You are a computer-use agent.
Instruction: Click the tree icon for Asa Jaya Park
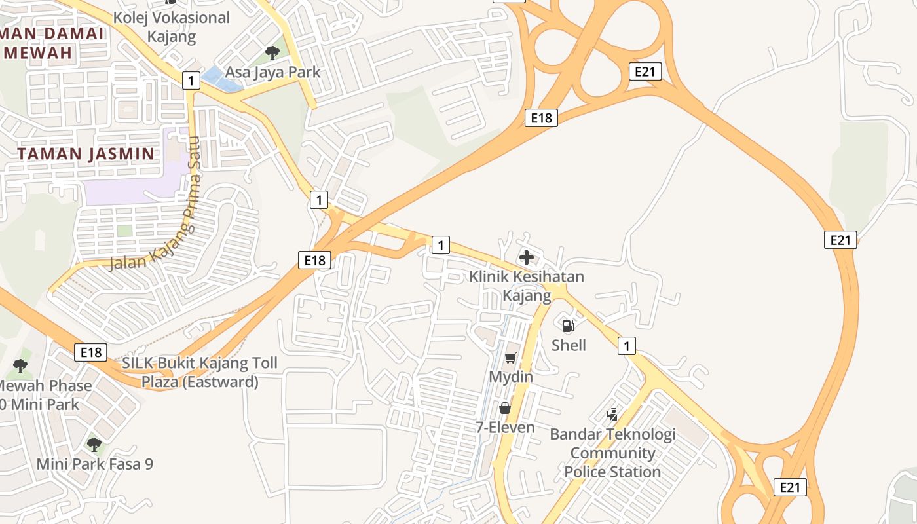pos(272,52)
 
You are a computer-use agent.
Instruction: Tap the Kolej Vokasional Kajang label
pos(172,27)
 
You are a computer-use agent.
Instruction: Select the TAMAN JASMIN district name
pos(86,154)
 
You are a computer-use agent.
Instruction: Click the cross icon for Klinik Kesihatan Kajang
pos(526,257)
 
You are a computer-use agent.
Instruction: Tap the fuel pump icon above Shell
pos(568,326)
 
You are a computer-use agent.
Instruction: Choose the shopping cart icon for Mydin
pos(510,358)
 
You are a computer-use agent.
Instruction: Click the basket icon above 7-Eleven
pos(504,408)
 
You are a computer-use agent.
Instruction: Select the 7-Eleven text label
pos(505,428)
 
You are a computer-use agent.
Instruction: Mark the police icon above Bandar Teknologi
pos(612,414)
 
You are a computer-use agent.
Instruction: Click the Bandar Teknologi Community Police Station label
pos(612,453)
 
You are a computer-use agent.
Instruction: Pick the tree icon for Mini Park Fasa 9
pos(94,445)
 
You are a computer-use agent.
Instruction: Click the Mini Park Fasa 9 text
pos(94,464)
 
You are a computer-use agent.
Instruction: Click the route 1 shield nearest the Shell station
pos(626,345)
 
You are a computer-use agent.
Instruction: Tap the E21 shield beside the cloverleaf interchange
pos(645,71)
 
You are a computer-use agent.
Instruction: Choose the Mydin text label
pos(511,377)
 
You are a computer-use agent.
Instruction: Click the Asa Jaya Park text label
pos(272,71)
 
